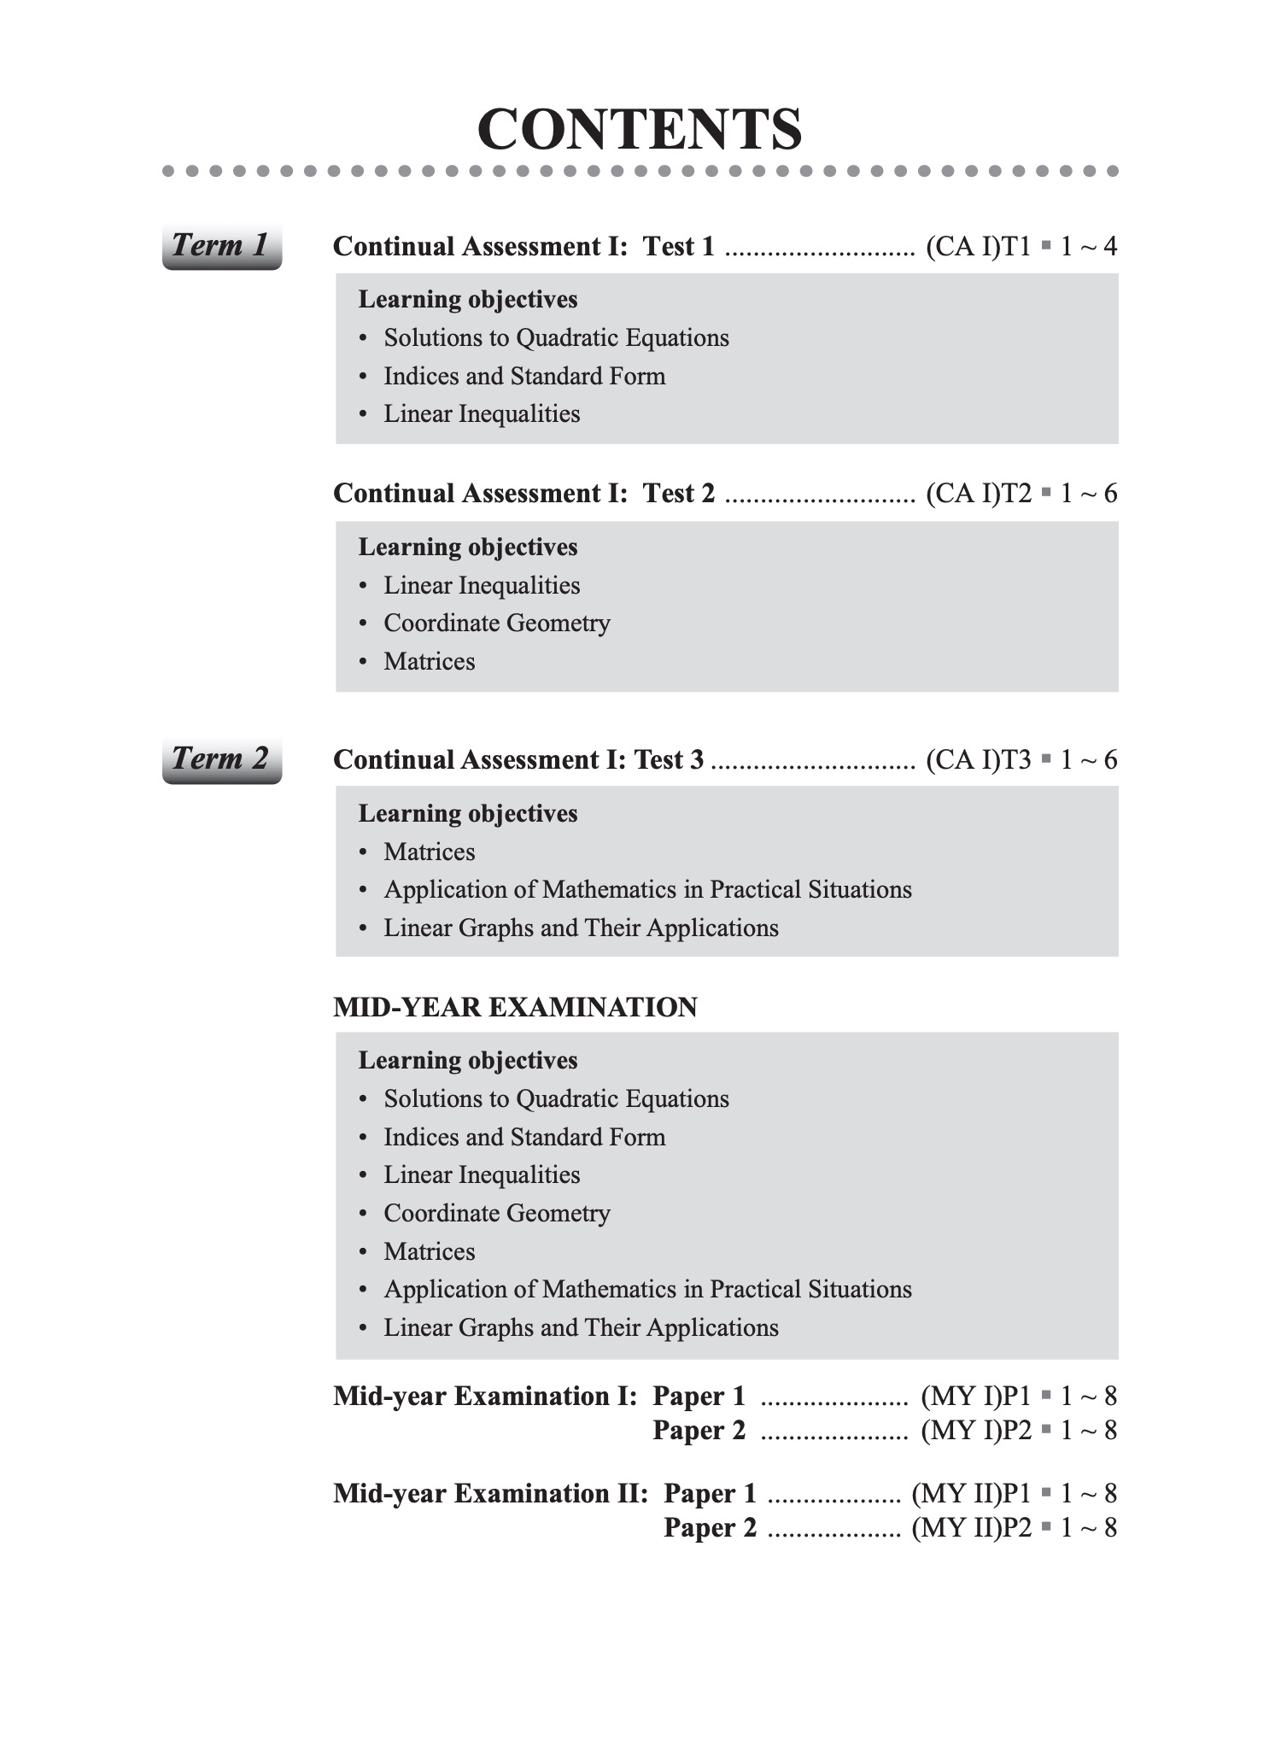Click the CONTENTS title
click(x=640, y=130)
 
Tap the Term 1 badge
click(x=221, y=246)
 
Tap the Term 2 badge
click(x=221, y=759)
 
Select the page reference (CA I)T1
click(x=979, y=247)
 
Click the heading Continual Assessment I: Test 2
click(x=524, y=494)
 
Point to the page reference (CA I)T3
click(x=979, y=760)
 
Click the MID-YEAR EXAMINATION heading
click(x=515, y=1007)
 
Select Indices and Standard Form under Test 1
click(x=524, y=376)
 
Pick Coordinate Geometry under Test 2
click(x=496, y=624)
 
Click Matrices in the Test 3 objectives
click(x=429, y=852)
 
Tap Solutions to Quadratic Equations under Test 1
click(x=556, y=337)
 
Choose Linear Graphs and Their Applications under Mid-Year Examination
click(x=581, y=1327)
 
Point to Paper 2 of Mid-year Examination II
click(x=710, y=1527)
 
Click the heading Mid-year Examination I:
click(x=485, y=1397)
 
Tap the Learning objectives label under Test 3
click(x=468, y=813)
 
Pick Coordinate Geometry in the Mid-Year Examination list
click(x=496, y=1213)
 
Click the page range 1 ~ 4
click(x=1088, y=247)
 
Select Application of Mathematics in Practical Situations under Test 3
click(x=647, y=890)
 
